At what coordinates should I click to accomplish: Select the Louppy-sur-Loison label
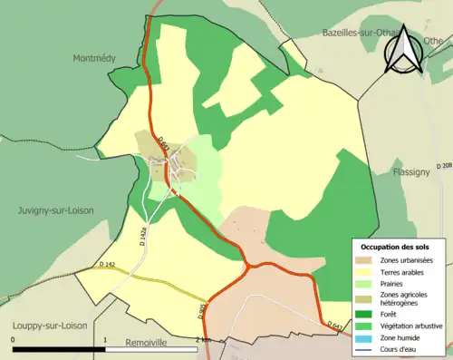pos(45,324)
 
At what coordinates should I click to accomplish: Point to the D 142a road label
pos(142,238)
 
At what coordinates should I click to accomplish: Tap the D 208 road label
pos(444,166)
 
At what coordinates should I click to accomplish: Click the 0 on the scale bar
pos(13,341)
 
